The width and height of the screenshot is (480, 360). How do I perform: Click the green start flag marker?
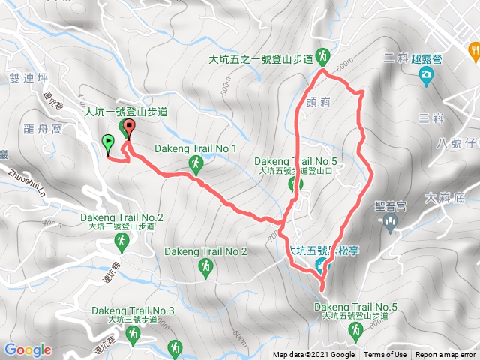[107, 142]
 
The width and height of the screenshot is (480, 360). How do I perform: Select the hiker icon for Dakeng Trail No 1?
[196, 163]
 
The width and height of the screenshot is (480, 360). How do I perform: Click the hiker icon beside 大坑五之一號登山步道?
[323, 56]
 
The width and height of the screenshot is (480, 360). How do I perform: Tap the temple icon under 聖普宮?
[389, 220]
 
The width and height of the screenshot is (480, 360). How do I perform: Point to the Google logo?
[28, 349]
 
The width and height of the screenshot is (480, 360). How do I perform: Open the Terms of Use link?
[385, 355]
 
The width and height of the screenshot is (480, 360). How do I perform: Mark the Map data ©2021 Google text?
[313, 355]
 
